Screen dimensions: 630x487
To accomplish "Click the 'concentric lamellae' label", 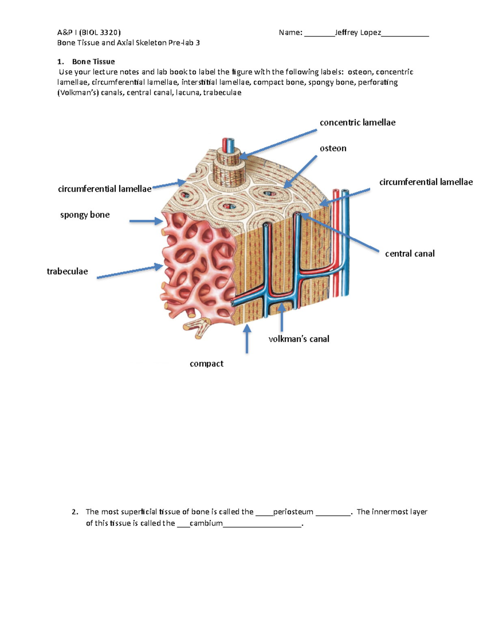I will [357, 123].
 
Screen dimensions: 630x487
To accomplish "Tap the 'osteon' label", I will [333, 148].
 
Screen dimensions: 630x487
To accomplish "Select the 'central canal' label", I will [409, 254].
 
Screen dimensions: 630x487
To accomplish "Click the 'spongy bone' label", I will [85, 215].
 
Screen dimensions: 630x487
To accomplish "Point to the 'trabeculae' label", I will [67, 271].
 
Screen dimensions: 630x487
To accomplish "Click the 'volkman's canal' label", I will [299, 339].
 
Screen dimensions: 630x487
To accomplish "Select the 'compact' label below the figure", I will [207, 363].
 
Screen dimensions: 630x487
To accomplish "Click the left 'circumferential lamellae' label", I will [105, 189].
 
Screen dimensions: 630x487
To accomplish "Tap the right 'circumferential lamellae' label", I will [426, 182].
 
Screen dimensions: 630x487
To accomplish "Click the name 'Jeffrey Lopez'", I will [358, 32].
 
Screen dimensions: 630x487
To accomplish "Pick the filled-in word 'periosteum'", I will [293, 512].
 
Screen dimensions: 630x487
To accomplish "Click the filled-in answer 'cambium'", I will [206, 523].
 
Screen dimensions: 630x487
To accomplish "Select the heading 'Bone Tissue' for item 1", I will [93, 62].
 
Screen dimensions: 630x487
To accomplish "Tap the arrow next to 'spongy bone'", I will [146, 221].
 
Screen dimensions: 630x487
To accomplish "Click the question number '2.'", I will [75, 512].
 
